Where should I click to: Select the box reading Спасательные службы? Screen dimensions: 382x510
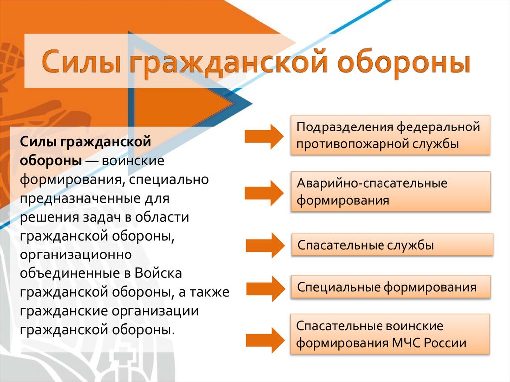[392, 245]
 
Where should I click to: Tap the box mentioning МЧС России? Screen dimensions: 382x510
[390, 334]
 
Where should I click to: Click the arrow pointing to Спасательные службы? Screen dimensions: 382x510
[264, 245]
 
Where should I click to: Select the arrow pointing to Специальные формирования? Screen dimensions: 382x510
[264, 288]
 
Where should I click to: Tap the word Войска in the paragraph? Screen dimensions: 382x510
[160, 274]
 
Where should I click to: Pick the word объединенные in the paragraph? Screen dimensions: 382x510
[69, 274]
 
